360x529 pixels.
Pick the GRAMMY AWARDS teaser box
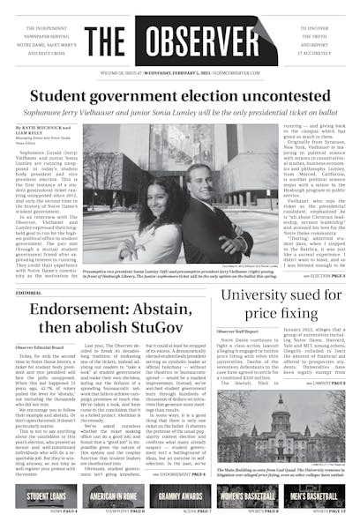coord(180,496)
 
